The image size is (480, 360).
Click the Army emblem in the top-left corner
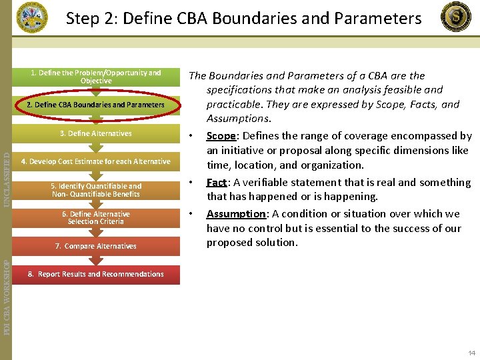click(32, 17)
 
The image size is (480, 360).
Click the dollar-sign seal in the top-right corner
click(457, 17)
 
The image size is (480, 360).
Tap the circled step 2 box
click(95, 105)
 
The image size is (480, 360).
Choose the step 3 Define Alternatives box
click(96, 133)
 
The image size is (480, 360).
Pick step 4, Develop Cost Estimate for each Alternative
click(96, 161)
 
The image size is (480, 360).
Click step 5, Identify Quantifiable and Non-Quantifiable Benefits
click(96, 190)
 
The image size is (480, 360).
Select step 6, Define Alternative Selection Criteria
click(96, 218)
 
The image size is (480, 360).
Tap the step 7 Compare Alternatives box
click(96, 246)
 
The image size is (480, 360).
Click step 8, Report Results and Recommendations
click(96, 274)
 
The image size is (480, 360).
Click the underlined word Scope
click(220, 136)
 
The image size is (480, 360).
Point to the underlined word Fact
click(217, 183)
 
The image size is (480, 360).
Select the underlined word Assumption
click(236, 214)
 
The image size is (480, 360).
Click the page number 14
click(472, 353)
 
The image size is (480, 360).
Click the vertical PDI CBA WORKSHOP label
click(7, 289)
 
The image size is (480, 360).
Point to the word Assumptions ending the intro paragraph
click(238, 119)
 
